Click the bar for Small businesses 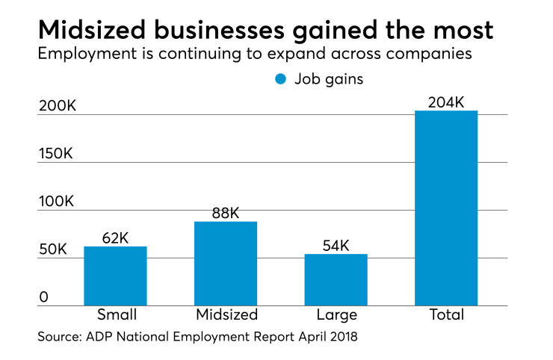pos(115,276)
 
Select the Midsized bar pos(226,263)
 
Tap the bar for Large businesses pos(336,279)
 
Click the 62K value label pos(115,238)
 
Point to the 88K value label pos(226,213)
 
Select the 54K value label pos(336,246)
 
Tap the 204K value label pos(446,101)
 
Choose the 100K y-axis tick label pos(58,202)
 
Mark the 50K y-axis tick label pos(54,249)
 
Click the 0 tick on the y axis pos(43,297)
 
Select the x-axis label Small pos(115,314)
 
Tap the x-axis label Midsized pos(226,314)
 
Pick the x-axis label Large pos(336,315)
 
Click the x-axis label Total pos(446,314)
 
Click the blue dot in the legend pos(280,79)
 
